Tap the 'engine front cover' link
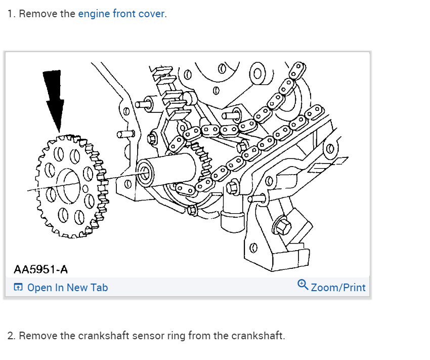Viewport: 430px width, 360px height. tap(121, 14)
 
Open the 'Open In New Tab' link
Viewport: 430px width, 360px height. tap(67, 288)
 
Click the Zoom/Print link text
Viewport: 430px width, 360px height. tap(338, 288)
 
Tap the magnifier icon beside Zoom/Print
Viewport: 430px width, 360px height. tap(303, 285)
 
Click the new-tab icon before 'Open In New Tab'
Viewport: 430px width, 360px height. tap(18, 288)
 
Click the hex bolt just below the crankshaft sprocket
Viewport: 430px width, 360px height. tap(193, 210)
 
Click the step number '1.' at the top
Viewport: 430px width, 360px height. tap(11, 14)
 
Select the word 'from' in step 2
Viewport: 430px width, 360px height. tap(200, 336)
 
